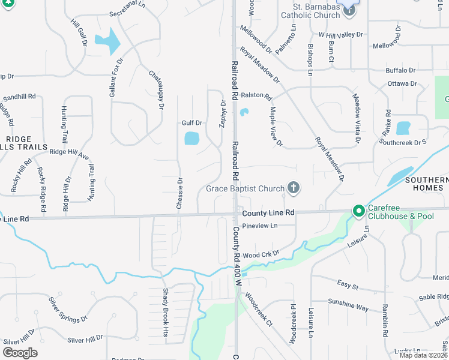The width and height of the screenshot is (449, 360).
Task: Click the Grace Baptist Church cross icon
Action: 294,188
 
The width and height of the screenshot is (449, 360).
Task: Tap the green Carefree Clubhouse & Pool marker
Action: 359,211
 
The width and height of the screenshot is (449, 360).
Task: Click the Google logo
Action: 20,353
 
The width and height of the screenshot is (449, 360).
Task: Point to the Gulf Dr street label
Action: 192,123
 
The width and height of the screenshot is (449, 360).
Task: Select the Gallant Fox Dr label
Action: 116,78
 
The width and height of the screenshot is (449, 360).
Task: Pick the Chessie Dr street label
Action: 179,193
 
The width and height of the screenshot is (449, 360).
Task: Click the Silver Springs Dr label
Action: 68,308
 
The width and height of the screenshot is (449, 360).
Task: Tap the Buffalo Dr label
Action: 400,70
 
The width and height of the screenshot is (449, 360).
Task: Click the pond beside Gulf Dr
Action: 191,139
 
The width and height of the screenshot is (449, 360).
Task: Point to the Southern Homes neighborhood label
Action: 426,184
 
